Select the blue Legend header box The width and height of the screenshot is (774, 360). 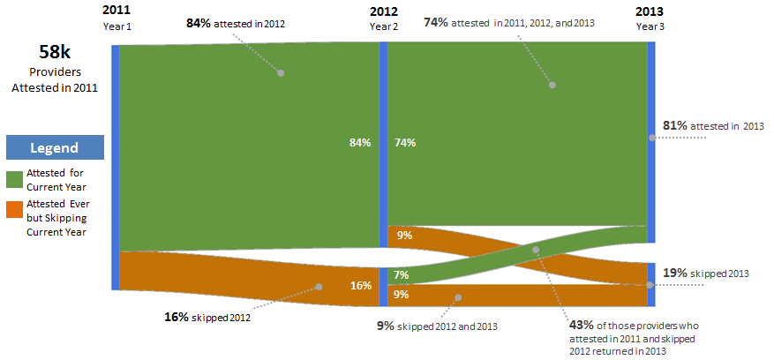click(x=55, y=147)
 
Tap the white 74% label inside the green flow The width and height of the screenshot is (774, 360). click(x=405, y=142)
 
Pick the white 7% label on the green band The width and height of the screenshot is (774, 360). click(x=401, y=276)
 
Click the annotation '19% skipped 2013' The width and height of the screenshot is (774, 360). click(x=705, y=274)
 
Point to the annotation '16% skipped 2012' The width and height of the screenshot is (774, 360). click(x=207, y=315)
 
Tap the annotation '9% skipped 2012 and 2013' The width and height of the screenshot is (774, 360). click(x=437, y=326)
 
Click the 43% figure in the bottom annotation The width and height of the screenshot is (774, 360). click(x=582, y=324)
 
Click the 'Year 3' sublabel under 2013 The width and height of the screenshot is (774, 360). click(x=650, y=26)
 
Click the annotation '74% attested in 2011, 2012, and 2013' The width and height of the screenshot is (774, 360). click(x=511, y=22)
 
